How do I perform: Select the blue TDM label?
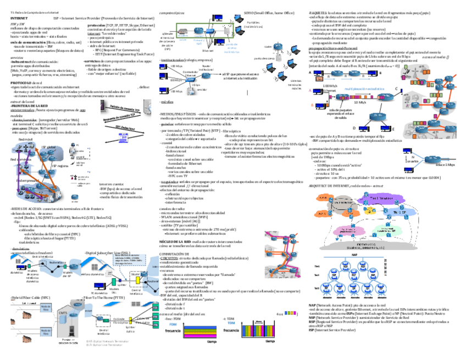[230, 324]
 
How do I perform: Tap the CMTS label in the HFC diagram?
[62, 312]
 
